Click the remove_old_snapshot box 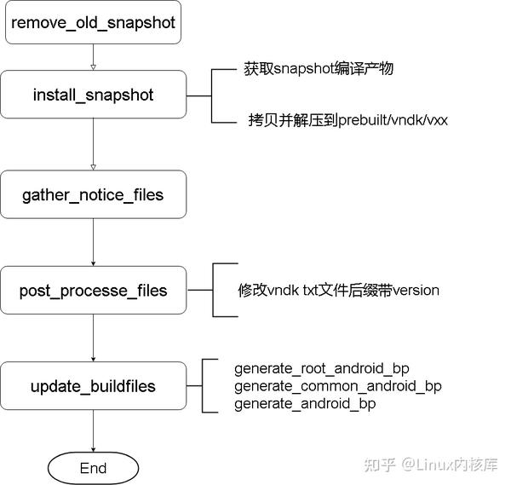tap(93, 22)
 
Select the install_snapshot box tap(93, 95)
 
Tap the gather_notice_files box tap(93, 195)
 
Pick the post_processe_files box tap(93, 291)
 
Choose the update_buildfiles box tap(93, 386)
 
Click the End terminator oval tap(93, 468)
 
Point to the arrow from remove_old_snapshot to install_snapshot tap(93, 57)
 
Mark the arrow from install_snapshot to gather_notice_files tap(93, 144)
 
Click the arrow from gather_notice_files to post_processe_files tap(93, 243)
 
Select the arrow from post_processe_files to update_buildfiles tap(93, 338)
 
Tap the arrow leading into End tap(93, 430)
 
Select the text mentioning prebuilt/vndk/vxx tap(342, 120)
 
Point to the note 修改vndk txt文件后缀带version tap(338, 290)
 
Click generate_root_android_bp tap(321, 368)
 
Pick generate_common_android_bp tap(337, 386)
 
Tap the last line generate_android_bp tap(304, 403)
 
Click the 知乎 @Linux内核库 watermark tap(430, 465)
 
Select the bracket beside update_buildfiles tap(204, 386)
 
